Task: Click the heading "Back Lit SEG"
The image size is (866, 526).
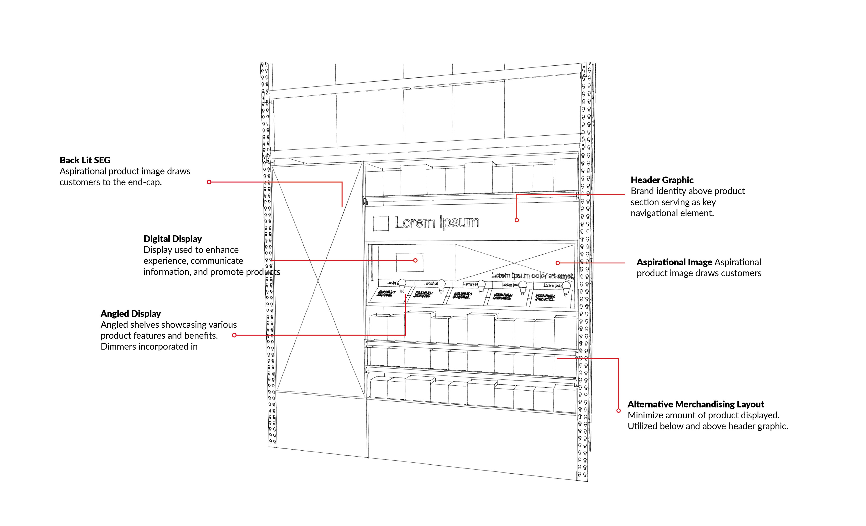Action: (x=85, y=160)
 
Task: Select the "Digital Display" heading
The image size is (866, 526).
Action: (x=173, y=239)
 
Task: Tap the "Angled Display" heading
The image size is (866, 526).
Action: (x=131, y=314)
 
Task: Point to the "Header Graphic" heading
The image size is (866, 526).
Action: (x=662, y=180)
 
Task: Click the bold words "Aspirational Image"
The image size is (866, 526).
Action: (x=674, y=262)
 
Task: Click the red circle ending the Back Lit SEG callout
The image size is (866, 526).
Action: (x=209, y=182)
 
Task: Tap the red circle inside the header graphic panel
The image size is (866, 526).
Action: (x=517, y=220)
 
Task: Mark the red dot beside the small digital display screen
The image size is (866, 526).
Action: (x=415, y=261)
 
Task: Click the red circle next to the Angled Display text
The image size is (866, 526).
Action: (x=234, y=335)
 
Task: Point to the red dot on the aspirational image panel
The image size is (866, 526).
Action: (x=557, y=263)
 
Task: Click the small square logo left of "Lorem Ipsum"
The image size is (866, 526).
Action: (x=381, y=224)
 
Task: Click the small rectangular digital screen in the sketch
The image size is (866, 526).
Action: (x=409, y=262)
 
